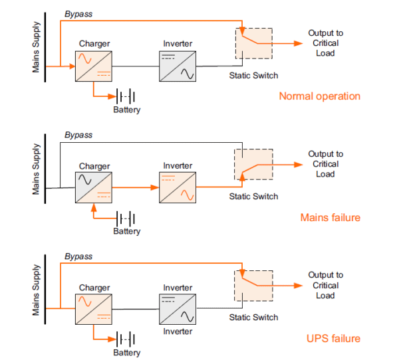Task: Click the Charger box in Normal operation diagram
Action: [x=94, y=66]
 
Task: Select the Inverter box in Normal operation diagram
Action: [x=178, y=66]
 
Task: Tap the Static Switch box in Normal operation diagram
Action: [x=253, y=43]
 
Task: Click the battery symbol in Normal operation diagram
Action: [x=126, y=96]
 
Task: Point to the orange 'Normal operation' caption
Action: [x=319, y=96]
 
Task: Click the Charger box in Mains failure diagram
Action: [x=94, y=188]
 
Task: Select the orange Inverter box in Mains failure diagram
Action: [x=178, y=188]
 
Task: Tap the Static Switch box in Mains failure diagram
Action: [x=253, y=165]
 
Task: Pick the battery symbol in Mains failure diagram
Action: [x=126, y=218]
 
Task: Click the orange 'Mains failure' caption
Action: [x=330, y=217]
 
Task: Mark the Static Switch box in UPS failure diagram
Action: [x=253, y=287]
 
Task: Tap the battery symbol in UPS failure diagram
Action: [x=126, y=339]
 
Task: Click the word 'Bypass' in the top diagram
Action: [x=78, y=13]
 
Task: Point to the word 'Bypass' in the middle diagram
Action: [x=78, y=135]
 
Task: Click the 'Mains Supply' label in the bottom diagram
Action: [x=37, y=292]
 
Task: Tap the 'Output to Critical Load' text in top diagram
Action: [x=325, y=43]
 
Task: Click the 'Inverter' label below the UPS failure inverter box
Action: [x=178, y=331]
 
